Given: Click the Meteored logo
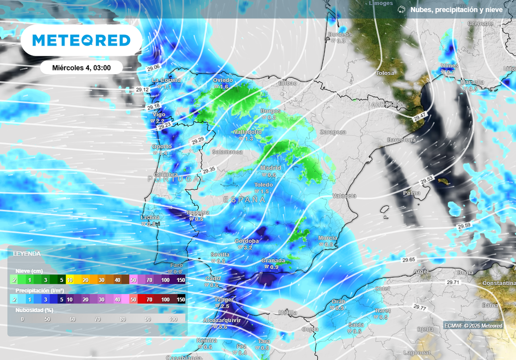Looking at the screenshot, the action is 81,40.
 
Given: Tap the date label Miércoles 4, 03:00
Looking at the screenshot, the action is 81,67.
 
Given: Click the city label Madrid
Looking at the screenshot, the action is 271,168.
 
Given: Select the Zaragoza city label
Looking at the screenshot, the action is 332,132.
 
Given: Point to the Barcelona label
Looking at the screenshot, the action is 401,140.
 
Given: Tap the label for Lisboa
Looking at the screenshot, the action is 151,217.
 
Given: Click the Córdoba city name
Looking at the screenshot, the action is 247,241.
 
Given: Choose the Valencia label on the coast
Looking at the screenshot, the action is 345,196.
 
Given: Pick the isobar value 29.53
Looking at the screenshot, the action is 427,179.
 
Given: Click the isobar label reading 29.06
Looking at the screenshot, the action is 154,67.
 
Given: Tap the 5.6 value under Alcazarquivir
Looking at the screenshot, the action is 224,327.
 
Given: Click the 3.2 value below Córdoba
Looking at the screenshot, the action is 247,248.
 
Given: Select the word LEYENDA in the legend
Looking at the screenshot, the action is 27,254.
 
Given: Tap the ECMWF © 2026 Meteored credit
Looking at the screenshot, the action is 473,326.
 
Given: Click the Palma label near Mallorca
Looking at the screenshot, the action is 412,193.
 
